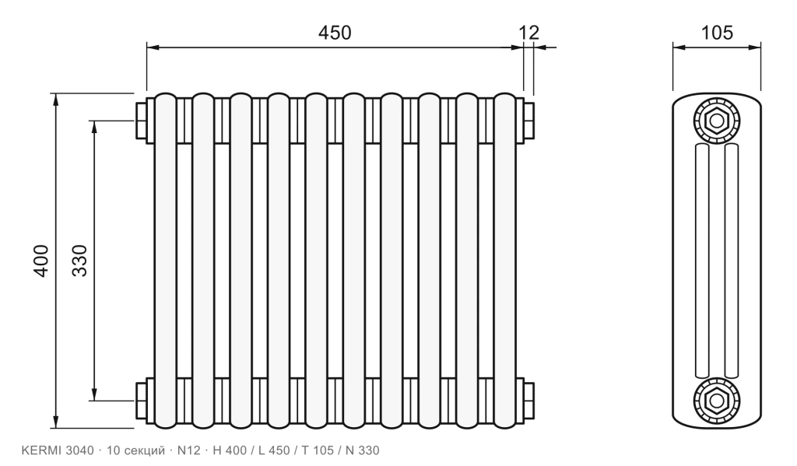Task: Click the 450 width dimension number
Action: tap(335, 33)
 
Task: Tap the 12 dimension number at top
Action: tap(528, 33)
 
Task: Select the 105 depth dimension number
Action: tap(717, 33)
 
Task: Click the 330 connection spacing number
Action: tap(79, 261)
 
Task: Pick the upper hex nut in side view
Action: tap(717, 121)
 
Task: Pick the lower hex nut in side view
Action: tap(717, 401)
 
